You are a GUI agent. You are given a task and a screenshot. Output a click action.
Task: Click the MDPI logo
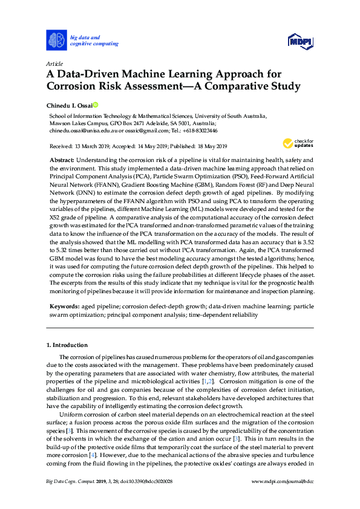(299, 41)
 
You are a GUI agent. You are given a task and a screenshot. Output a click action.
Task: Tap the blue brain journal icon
(56, 41)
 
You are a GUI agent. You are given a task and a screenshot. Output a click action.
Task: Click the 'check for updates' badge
(296, 143)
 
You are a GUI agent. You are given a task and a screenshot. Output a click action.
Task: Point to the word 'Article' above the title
(55, 63)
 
